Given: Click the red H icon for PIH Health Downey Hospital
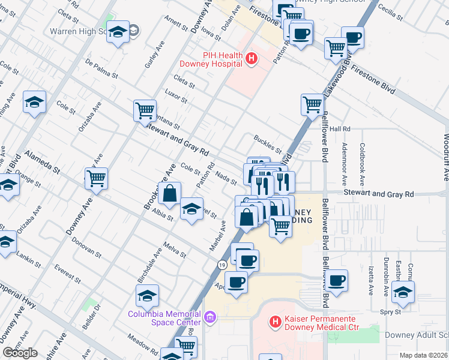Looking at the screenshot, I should [251, 59].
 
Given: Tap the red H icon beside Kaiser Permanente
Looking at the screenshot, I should [276, 322].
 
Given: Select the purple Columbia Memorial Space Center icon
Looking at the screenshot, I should [210, 316].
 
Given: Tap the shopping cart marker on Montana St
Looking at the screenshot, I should [145, 110].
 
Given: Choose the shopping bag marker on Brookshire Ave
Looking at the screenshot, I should [170, 193].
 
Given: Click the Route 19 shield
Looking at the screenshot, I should [222, 265].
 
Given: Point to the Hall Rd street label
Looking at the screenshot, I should [339, 129].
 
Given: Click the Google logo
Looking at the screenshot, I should [20, 353].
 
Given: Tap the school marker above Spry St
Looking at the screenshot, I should [403, 292].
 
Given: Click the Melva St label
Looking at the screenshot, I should [175, 250].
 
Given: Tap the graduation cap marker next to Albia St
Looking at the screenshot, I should [191, 209].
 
